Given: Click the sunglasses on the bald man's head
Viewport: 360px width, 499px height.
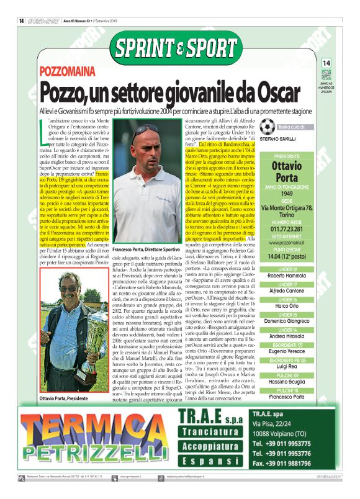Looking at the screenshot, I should [x=146, y=131].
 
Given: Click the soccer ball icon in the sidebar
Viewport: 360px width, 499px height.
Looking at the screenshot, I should [x=267, y=127].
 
